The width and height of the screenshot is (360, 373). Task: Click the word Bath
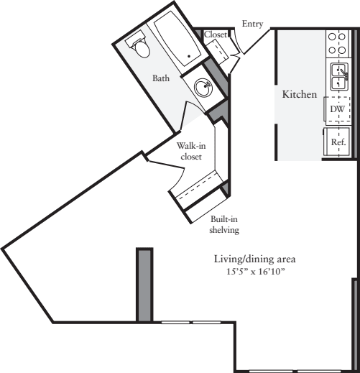[160, 78]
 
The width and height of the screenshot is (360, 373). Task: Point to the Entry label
[252, 24]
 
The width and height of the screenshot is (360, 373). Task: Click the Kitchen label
[299, 94]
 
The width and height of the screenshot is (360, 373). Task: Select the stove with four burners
[336, 44]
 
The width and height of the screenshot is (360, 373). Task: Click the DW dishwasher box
[336, 109]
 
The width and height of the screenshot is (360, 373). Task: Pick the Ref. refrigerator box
[338, 142]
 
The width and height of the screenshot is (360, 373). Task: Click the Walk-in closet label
[190, 151]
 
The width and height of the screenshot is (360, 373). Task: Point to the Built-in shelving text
[223, 226]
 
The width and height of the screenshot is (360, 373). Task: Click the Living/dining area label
[254, 259]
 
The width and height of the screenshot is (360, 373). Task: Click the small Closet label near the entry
[216, 34]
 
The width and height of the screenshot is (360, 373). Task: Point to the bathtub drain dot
[189, 55]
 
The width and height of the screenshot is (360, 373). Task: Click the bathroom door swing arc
[193, 115]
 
